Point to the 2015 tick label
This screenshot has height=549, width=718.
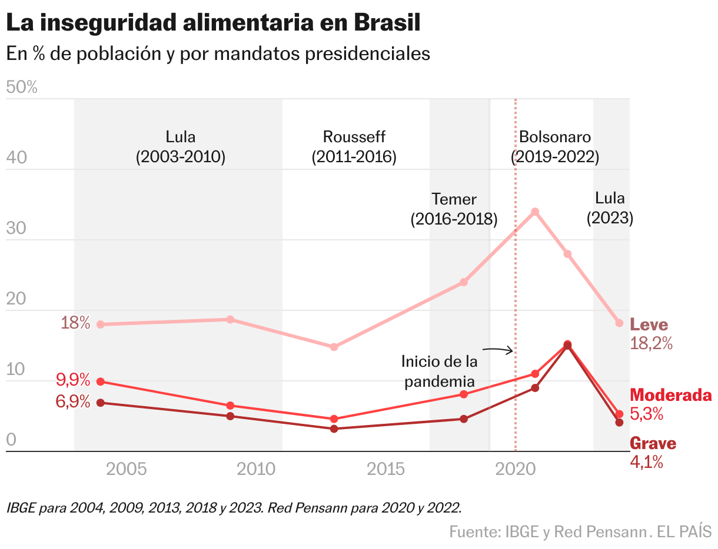(x=386, y=468)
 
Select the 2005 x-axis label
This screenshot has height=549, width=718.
(x=127, y=468)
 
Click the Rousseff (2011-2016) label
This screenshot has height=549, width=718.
(x=354, y=147)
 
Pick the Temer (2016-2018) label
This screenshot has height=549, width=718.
(x=454, y=209)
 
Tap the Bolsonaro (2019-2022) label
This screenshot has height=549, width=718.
(x=555, y=147)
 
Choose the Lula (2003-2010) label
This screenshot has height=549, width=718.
(x=181, y=147)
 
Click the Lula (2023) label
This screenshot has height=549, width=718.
(x=610, y=208)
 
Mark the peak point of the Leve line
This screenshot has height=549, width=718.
(x=534, y=212)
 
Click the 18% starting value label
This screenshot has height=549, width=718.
(x=76, y=323)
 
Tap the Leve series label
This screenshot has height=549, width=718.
(x=649, y=324)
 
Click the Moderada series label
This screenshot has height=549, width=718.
(x=670, y=395)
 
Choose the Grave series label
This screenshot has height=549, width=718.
(x=653, y=444)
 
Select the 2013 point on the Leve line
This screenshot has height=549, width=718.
(x=334, y=347)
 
